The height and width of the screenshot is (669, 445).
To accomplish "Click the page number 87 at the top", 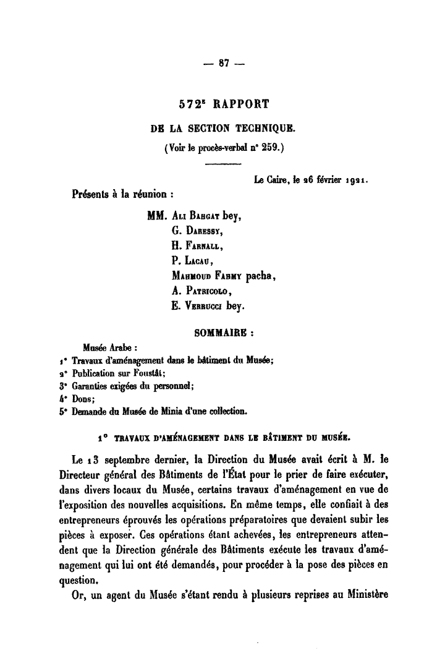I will pos(222,63).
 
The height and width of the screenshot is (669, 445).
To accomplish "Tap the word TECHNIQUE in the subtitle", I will pos(263,129).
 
